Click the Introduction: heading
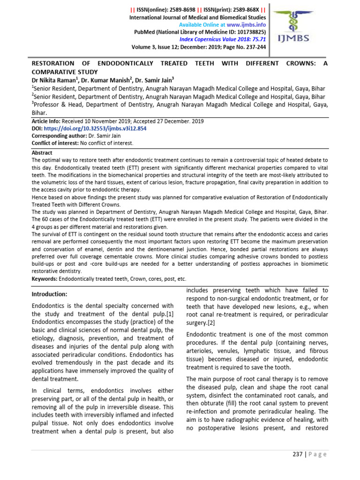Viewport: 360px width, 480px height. (x=50, y=294)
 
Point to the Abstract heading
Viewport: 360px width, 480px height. (x=42, y=153)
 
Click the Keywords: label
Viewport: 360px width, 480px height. (x=45, y=278)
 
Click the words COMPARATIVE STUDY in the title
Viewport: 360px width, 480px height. (x=64, y=72)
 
